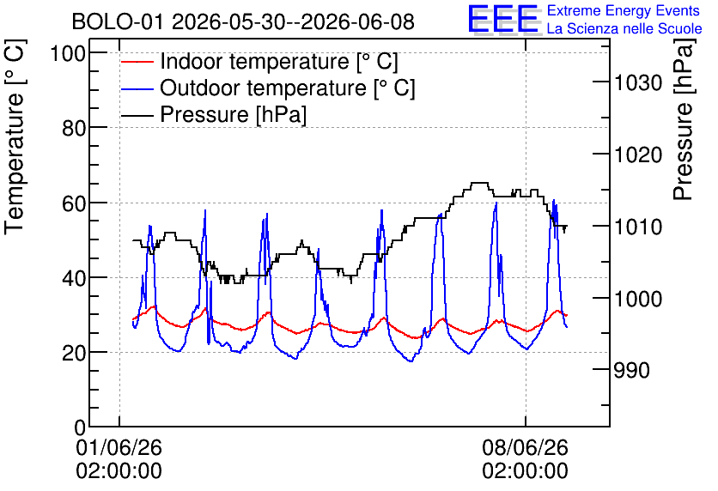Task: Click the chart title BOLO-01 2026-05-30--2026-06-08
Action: coord(243,21)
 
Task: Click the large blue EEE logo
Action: coord(502,19)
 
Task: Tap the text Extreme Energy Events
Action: coord(624,10)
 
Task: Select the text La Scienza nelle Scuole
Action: coord(624,28)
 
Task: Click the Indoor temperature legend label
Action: coord(279,61)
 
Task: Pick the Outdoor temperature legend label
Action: coord(288,88)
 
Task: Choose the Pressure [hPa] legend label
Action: coord(233,114)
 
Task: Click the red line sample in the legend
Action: coord(137,62)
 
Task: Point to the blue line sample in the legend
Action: coord(137,88)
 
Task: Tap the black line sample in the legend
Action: coord(137,115)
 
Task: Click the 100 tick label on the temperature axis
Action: coord(68,53)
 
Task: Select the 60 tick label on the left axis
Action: coord(74,203)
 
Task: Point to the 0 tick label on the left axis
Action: coord(80,427)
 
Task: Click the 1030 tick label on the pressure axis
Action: coord(638,82)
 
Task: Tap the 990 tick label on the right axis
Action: coord(632,370)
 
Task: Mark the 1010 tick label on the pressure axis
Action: coord(638,227)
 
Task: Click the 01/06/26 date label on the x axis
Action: coord(119,447)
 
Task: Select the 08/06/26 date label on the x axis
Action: coord(526,447)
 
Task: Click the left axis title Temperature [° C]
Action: coord(15,137)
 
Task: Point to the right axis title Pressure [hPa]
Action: coord(684,119)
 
